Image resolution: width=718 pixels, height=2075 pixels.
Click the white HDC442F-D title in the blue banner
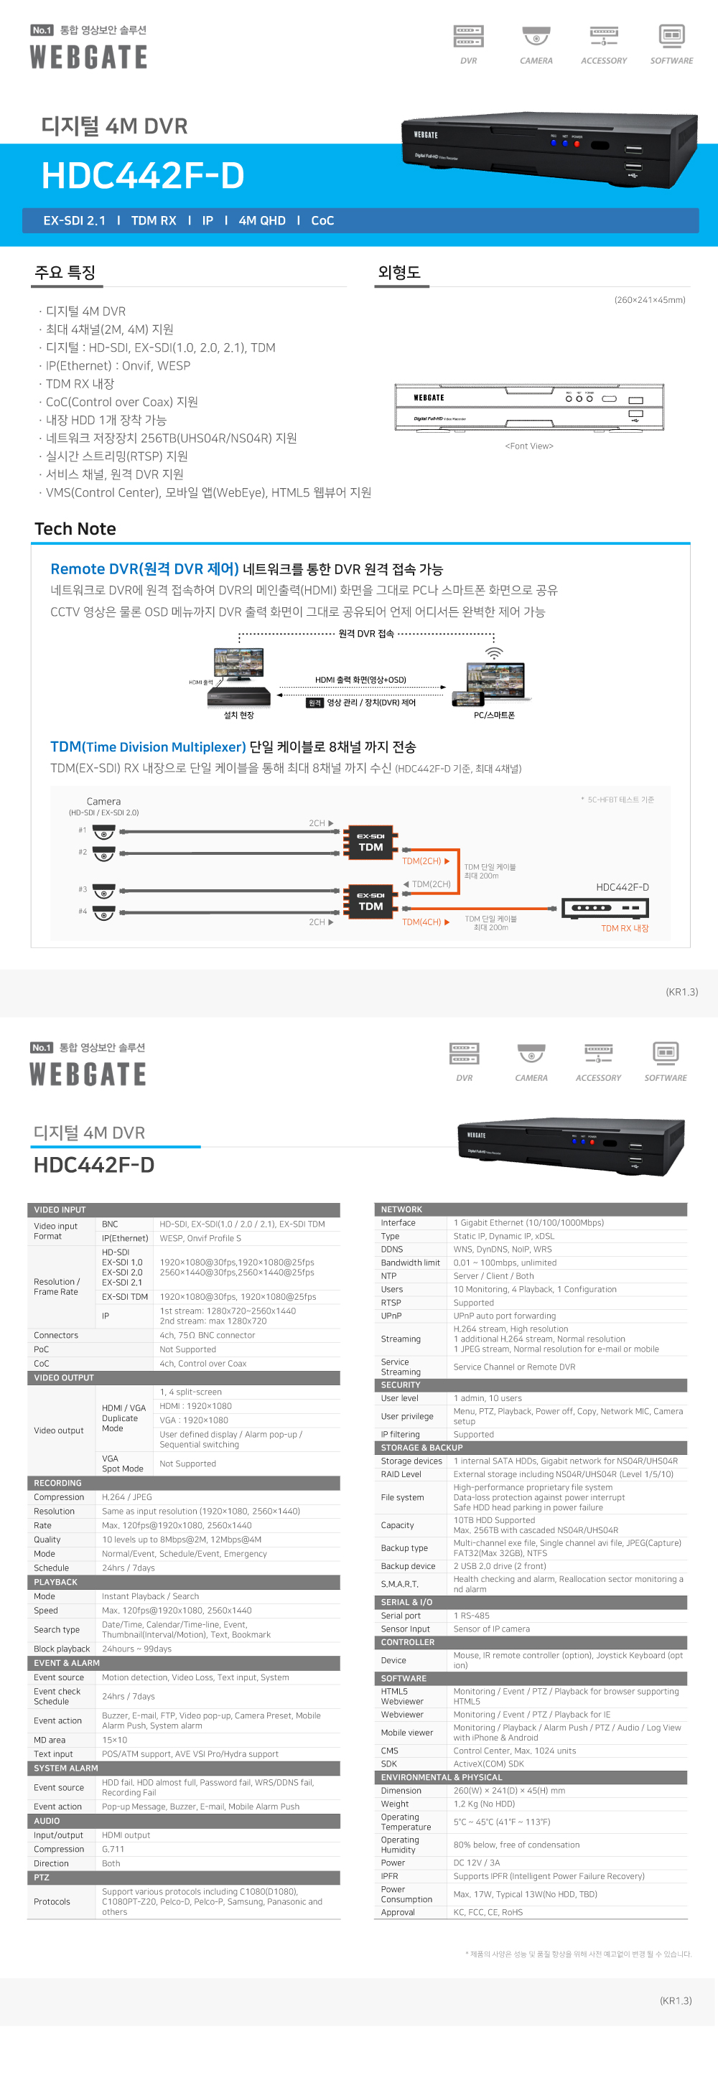(143, 176)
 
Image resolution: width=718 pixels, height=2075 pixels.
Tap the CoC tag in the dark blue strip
(322, 221)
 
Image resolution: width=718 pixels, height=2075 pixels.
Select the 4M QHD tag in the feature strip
(262, 221)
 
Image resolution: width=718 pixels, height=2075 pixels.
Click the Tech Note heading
(75, 529)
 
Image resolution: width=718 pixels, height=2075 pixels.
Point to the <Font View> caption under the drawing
(528, 446)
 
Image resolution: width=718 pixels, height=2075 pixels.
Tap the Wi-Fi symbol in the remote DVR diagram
(493, 652)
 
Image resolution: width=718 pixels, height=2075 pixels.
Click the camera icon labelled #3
(104, 891)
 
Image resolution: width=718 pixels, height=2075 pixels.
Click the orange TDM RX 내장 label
(625, 929)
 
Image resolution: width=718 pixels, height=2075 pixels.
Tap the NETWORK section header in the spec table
(401, 1209)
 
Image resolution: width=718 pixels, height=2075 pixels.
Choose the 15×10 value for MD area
(114, 1740)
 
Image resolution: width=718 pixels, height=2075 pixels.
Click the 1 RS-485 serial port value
(472, 1616)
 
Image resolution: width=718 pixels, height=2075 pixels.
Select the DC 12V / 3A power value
(476, 1863)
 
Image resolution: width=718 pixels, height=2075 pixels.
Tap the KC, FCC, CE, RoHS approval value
(488, 1912)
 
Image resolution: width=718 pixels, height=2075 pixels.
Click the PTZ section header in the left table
(42, 1877)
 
